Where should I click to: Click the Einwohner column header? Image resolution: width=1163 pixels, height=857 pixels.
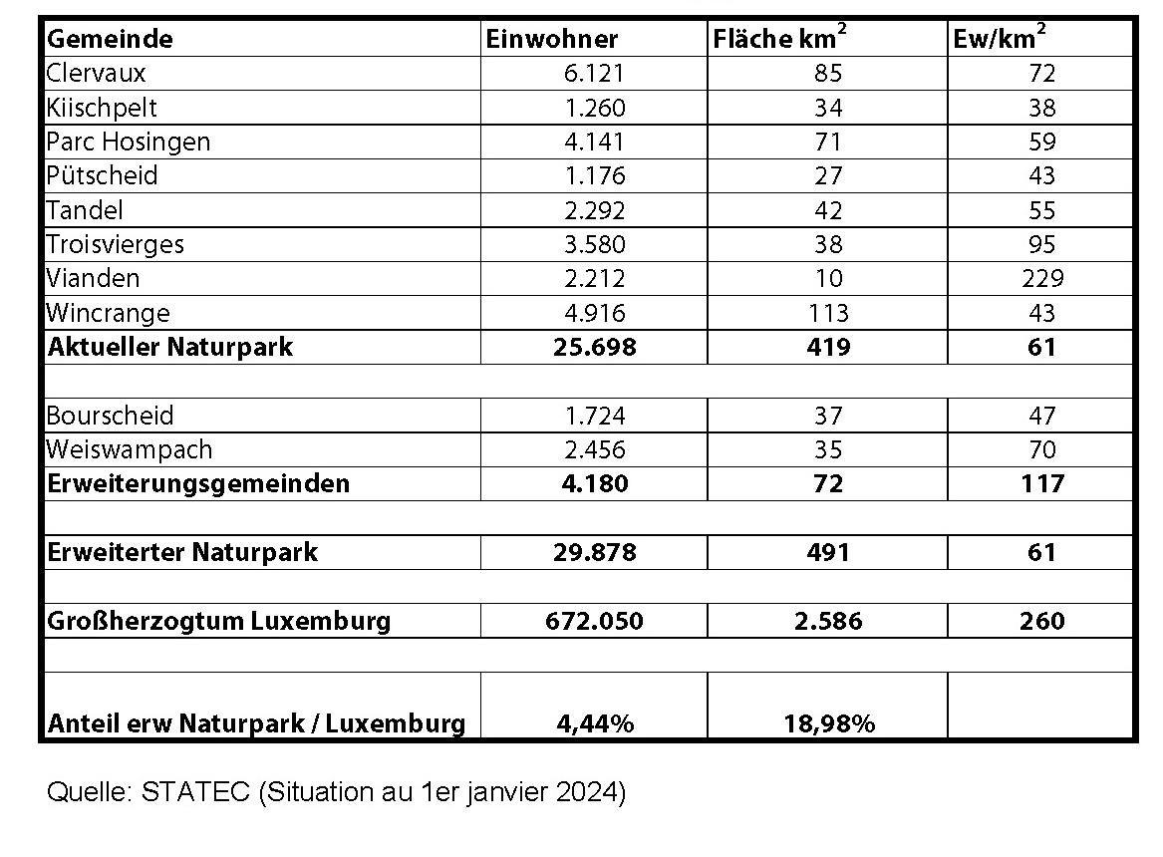[551, 39]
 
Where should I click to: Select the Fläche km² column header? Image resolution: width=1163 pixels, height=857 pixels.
[778, 38]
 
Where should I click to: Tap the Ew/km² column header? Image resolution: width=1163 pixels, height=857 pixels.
[999, 38]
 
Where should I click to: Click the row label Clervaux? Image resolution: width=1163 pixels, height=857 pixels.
[97, 73]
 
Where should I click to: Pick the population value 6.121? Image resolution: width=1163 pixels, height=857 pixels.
[595, 73]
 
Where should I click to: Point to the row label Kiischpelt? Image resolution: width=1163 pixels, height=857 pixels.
[102, 108]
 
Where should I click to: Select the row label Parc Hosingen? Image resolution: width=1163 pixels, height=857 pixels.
[129, 142]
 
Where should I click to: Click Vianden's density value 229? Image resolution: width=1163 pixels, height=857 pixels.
[1041, 278]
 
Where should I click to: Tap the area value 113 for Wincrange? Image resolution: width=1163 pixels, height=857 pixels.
[827, 313]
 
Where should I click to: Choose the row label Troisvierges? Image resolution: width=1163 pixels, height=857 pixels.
[116, 244]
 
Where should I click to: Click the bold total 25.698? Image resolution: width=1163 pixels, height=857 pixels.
[595, 347]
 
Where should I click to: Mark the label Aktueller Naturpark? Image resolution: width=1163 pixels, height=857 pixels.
[170, 347]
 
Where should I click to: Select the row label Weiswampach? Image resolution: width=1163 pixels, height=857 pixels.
[130, 449]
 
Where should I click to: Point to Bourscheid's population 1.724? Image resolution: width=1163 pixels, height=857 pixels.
[595, 416]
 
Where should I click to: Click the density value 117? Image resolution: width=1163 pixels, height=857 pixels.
[1041, 484]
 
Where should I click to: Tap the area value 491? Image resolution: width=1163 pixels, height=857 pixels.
[827, 552]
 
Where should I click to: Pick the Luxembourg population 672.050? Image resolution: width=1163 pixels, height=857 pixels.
[595, 621]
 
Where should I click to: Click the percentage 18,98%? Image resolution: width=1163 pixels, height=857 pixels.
[828, 723]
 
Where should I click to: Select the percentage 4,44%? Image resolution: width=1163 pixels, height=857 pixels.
[595, 723]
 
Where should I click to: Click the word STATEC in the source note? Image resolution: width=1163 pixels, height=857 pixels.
[197, 793]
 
